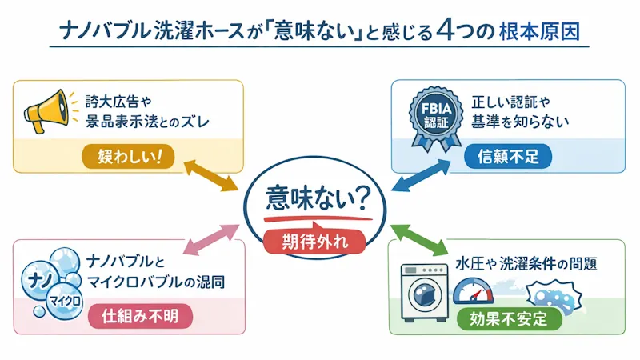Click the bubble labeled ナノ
pyautogui.click(x=39, y=278)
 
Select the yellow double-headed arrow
pyautogui.click(x=210, y=174)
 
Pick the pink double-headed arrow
pyautogui.click(x=210, y=238)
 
